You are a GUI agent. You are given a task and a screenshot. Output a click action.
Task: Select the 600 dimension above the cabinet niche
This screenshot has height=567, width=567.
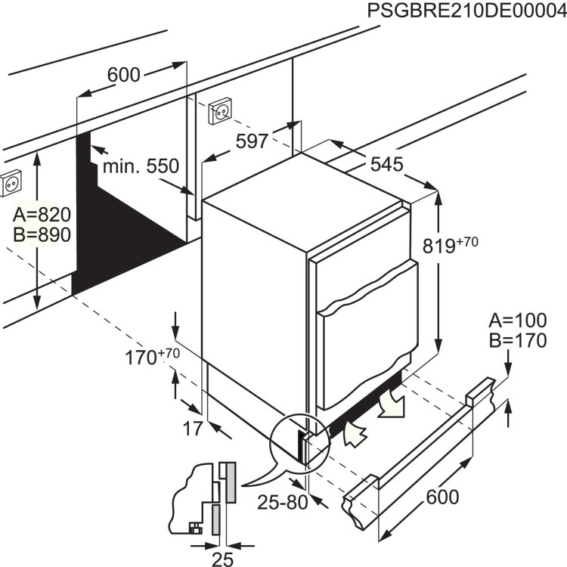pos(124,75)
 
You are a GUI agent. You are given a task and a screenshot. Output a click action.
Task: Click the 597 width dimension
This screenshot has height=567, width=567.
pos(252,141)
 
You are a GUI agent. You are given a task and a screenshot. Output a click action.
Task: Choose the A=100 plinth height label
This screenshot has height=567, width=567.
pos(517,320)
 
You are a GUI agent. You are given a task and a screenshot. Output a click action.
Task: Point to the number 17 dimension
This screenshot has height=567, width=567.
pos(194,429)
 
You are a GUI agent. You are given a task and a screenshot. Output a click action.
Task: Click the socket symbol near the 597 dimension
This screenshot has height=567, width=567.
pos(220,110)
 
